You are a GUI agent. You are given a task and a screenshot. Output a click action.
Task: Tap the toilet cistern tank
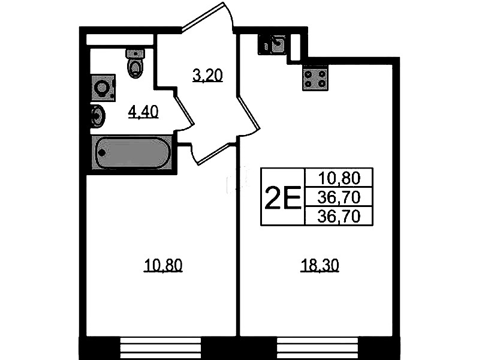pyautogui.click(x=135, y=53)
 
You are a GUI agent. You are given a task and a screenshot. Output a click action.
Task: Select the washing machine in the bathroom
pyautogui.click(x=103, y=88)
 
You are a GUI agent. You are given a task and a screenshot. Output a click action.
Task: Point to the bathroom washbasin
pyautogui.click(x=98, y=115)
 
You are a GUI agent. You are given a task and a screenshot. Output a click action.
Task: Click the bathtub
pyautogui.click(x=132, y=152)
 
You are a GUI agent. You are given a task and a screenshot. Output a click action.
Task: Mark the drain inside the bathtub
pyautogui.click(x=102, y=152)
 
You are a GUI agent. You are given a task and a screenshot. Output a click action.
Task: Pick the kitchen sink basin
pyautogui.click(x=278, y=44)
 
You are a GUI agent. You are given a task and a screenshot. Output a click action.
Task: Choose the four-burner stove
pyautogui.click(x=315, y=78)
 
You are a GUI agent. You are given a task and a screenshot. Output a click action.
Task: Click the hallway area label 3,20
pyautogui.click(x=207, y=76)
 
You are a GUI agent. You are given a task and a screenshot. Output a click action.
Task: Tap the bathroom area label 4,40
pyautogui.click(x=143, y=112)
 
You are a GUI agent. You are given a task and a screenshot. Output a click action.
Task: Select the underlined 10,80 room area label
pyautogui.click(x=163, y=265)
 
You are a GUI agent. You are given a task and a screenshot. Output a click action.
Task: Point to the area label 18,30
pyautogui.click(x=320, y=265)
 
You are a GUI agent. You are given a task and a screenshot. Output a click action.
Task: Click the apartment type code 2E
pyautogui.click(x=283, y=197)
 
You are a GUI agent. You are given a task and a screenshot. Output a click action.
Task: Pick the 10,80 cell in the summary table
pyautogui.click(x=339, y=178)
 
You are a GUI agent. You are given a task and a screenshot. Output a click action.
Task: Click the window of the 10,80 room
pyautogui.click(x=161, y=348)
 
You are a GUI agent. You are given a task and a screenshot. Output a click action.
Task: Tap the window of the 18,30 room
pyautogui.click(x=318, y=348)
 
